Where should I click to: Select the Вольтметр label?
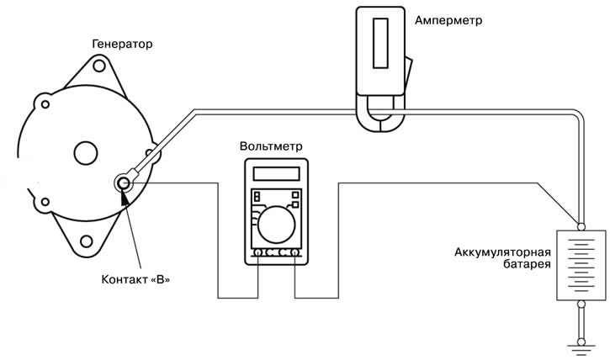tap(271, 146)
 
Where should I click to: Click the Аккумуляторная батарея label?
tap(502, 257)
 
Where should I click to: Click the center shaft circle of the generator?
tap(85, 153)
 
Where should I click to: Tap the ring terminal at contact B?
tap(124, 181)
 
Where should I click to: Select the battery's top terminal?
tap(581, 225)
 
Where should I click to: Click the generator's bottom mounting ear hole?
tap(88, 246)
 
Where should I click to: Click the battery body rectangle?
tap(581, 264)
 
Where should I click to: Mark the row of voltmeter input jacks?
tap(277, 252)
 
